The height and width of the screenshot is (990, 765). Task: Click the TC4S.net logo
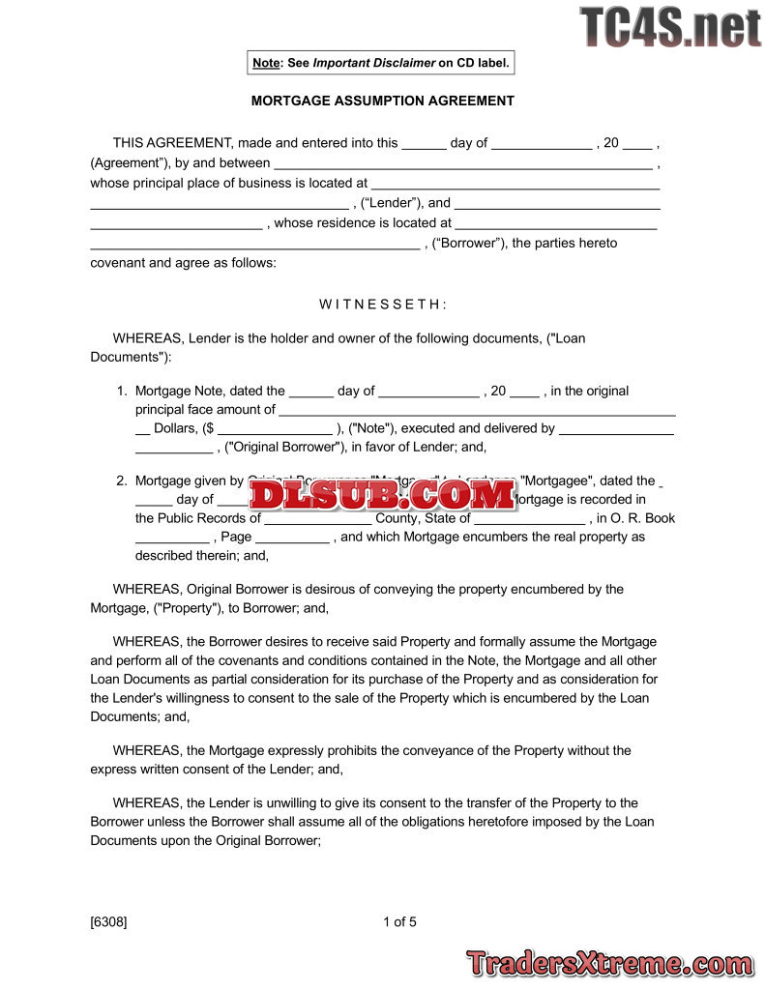point(670,27)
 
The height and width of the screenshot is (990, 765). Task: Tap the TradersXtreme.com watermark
point(609,963)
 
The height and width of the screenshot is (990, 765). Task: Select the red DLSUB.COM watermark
point(383,495)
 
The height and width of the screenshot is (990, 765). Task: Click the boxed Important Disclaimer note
point(380,63)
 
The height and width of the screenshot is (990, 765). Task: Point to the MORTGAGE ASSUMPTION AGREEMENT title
point(383,101)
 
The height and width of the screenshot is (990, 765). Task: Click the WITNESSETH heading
point(383,305)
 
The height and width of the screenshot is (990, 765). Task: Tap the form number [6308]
point(108,921)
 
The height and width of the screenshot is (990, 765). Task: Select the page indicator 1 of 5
point(399,921)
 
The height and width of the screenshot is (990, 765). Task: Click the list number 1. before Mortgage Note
point(122,391)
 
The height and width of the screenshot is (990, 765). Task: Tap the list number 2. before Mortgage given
point(122,480)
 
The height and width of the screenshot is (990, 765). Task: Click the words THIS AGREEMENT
point(172,143)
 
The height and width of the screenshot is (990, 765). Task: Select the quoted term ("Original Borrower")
point(284,447)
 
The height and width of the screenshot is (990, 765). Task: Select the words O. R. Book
point(643,518)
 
